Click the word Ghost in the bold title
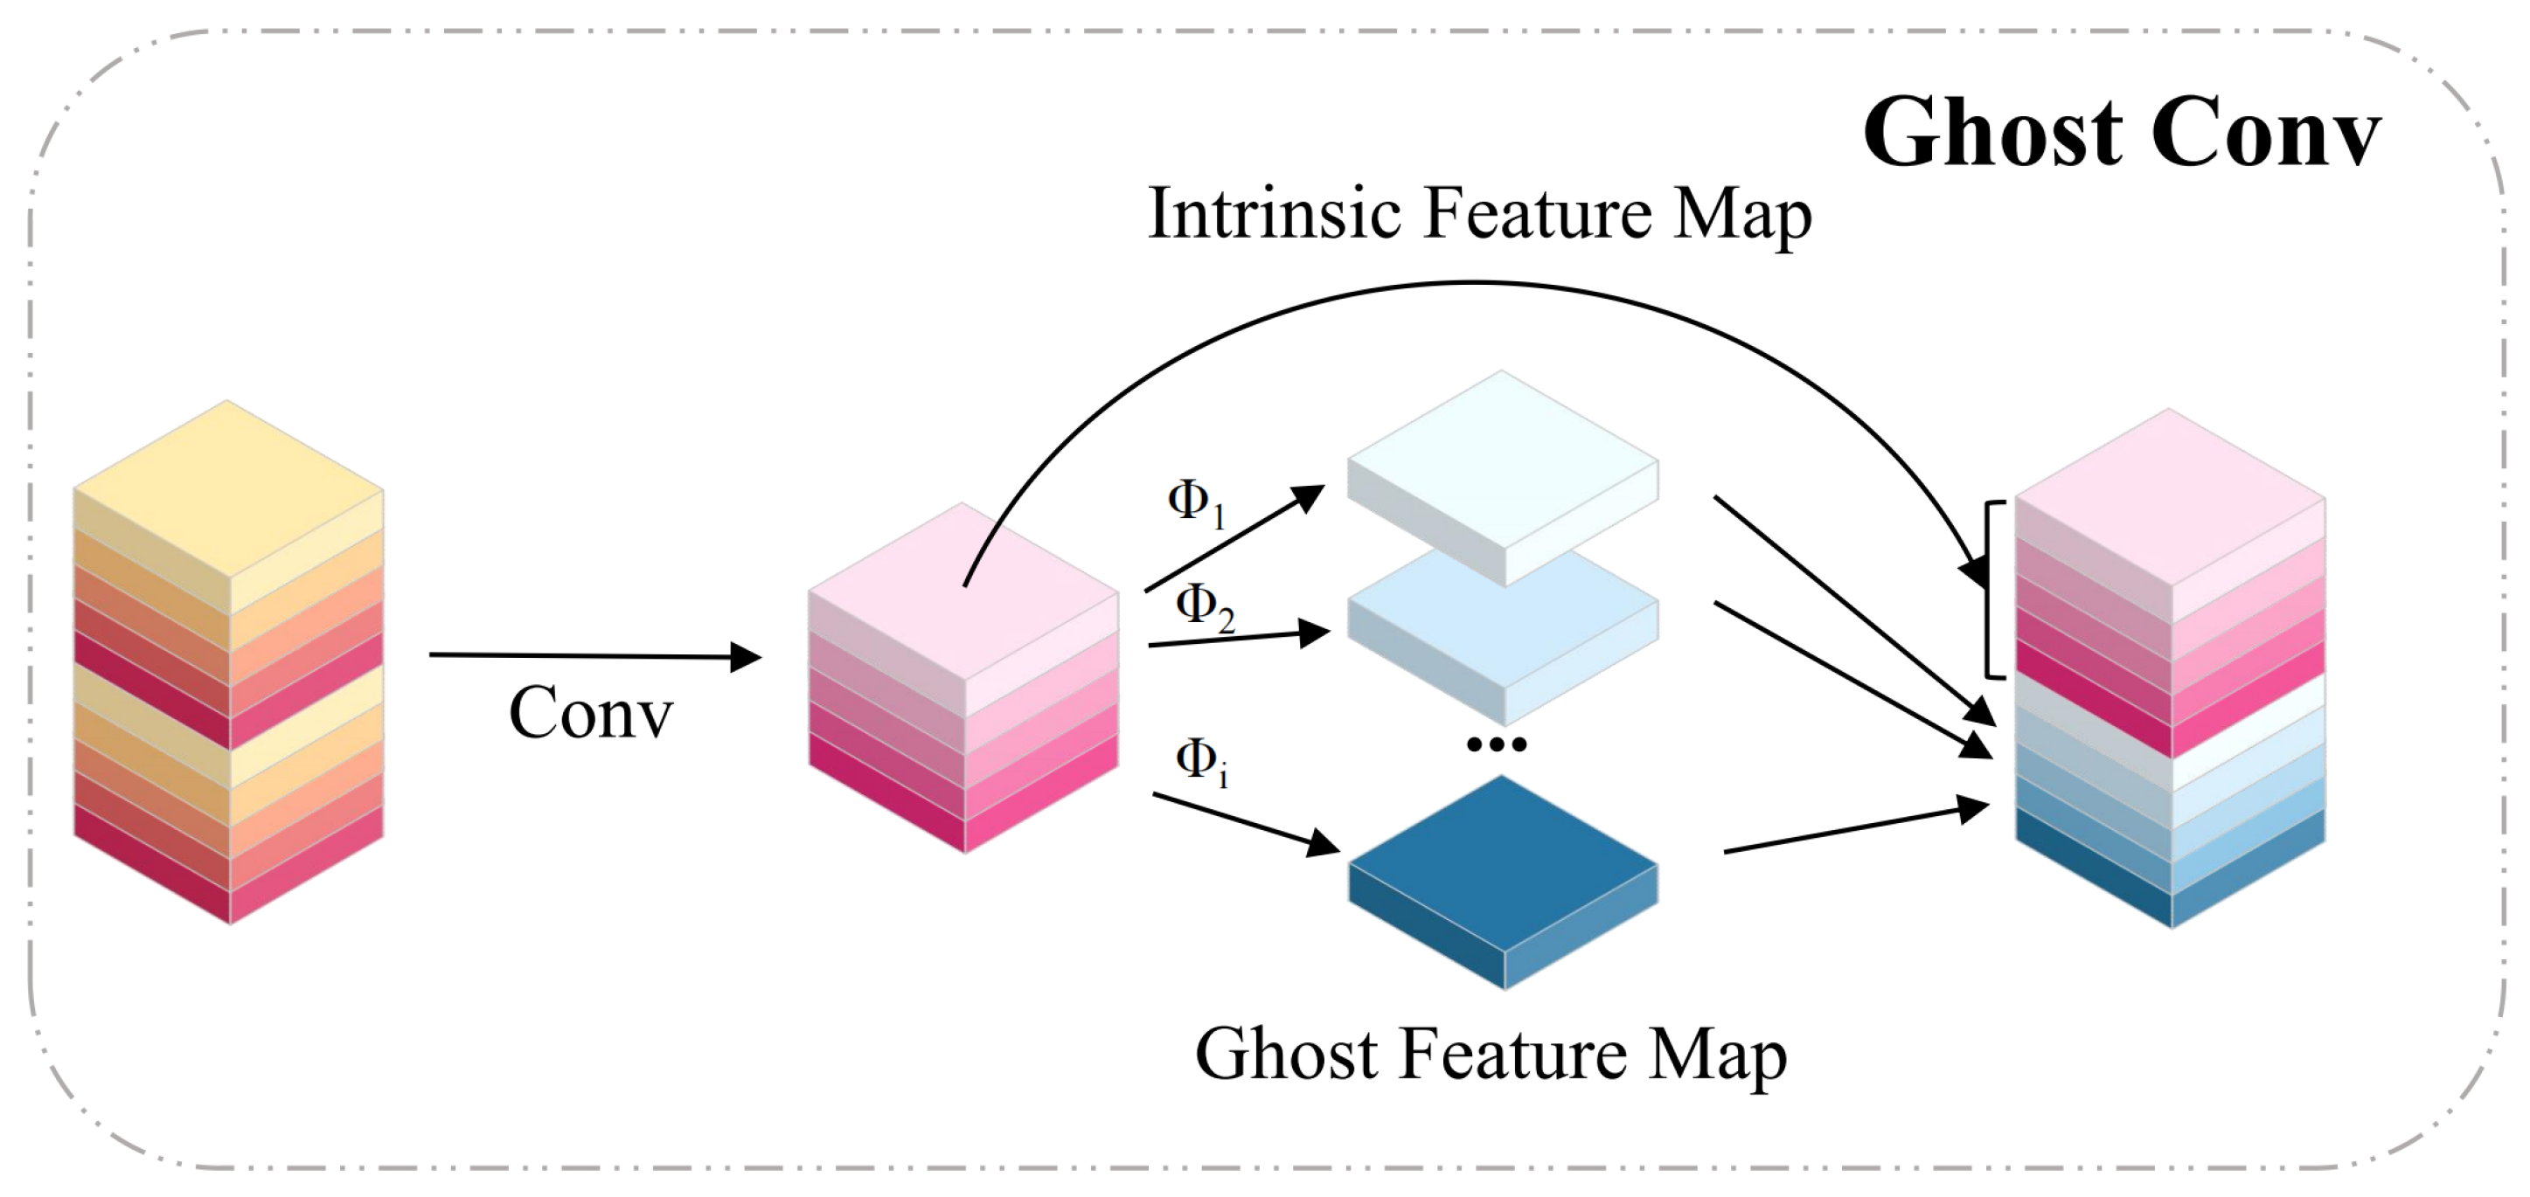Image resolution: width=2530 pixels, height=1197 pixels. [1994, 135]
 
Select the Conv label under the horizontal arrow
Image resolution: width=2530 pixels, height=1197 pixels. [590, 713]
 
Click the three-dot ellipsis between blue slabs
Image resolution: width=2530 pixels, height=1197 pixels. [1497, 744]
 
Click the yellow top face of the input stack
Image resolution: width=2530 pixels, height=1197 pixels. [228, 486]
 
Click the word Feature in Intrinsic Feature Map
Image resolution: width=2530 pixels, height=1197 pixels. [1537, 213]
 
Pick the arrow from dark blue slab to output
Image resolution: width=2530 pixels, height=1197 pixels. [1856, 831]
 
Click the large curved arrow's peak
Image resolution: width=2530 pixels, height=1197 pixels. [1473, 284]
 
